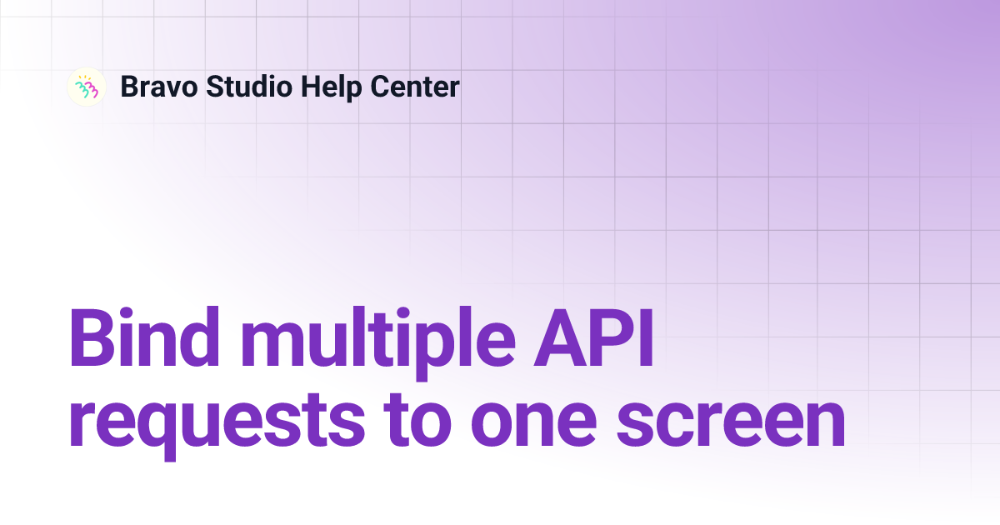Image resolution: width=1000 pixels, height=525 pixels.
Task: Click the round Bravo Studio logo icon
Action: (x=87, y=87)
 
